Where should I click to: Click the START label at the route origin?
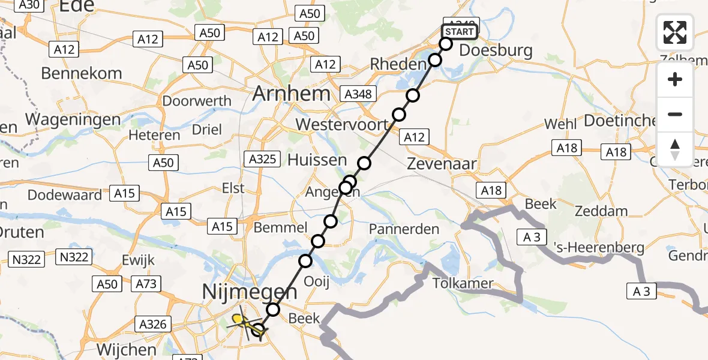click(x=460, y=32)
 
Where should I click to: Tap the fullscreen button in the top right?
click(x=675, y=32)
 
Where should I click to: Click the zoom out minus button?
click(x=675, y=114)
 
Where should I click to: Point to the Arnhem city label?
click(x=292, y=94)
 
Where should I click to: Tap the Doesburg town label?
click(x=496, y=50)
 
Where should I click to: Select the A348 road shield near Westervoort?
click(x=358, y=94)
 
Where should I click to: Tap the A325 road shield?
click(x=262, y=159)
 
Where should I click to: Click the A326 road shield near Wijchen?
click(x=152, y=325)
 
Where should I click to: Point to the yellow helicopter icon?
click(x=242, y=320)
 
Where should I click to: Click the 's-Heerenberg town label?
click(x=591, y=247)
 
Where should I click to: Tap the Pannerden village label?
click(x=404, y=229)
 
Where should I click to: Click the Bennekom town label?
click(x=82, y=74)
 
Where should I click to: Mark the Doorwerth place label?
click(x=197, y=101)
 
